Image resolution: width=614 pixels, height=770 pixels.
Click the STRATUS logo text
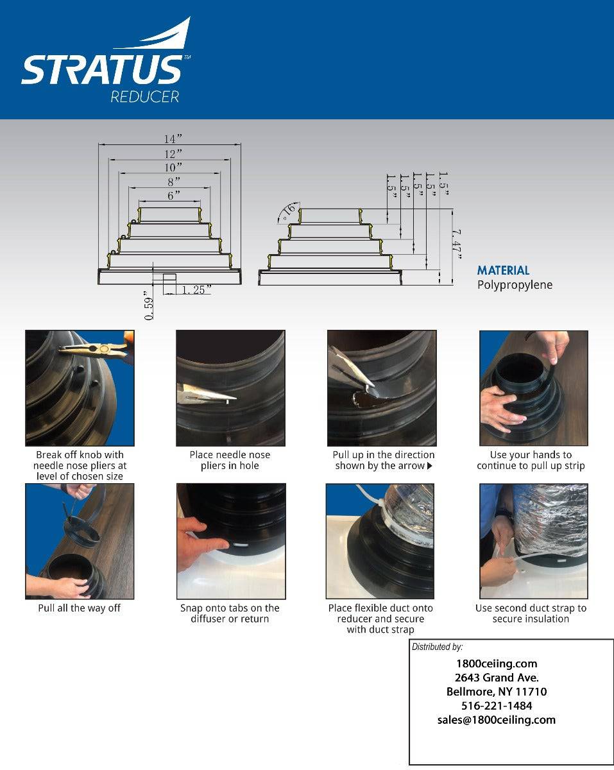(101, 70)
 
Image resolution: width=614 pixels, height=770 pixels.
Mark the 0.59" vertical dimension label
(149, 305)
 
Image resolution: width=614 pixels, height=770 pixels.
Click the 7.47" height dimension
(457, 244)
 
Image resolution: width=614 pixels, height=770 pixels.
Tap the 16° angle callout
(289, 211)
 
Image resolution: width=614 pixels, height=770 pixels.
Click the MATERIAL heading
(503, 271)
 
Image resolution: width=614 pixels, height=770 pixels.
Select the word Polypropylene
(515, 285)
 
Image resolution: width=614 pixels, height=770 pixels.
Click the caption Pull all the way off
(79, 608)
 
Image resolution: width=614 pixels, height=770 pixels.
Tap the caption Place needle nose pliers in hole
(230, 460)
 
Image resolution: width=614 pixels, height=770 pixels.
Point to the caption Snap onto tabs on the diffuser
(230, 613)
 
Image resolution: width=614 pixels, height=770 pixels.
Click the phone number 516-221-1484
(496, 706)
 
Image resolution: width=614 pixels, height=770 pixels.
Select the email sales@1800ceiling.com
(496, 720)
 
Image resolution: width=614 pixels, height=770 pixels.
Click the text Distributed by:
(437, 647)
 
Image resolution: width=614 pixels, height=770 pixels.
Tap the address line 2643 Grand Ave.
(496, 678)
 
